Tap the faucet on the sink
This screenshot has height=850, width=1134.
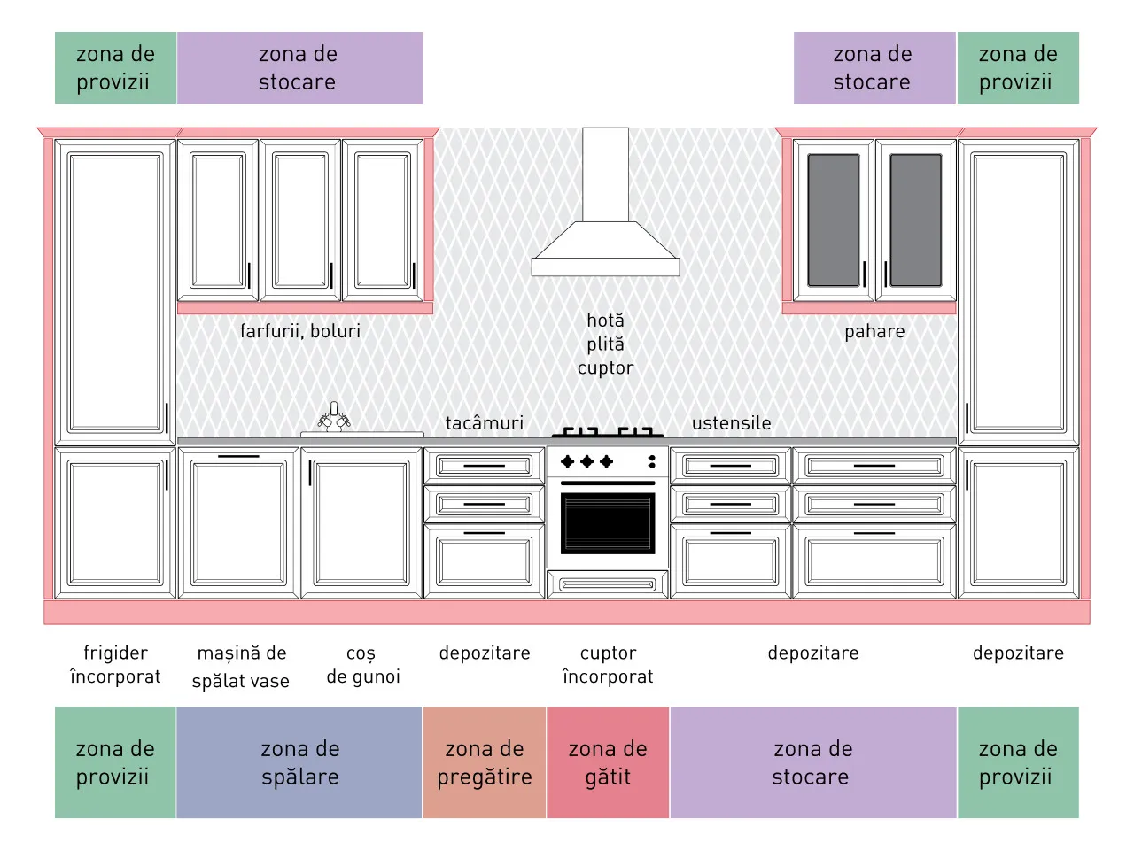click(334, 416)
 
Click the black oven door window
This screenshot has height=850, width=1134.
click(608, 523)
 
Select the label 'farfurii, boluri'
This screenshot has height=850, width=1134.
click(300, 331)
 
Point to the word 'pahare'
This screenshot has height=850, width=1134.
click(874, 332)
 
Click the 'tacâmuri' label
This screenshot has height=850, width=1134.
click(484, 423)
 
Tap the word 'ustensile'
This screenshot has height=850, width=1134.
click(731, 423)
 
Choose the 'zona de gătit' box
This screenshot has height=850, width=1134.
click(608, 762)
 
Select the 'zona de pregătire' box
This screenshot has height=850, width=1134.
click(484, 762)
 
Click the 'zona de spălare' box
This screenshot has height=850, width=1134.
click(299, 762)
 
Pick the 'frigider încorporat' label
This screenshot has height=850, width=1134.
click(115, 665)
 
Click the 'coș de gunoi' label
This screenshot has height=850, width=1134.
click(363, 665)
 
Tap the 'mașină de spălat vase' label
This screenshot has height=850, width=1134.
click(241, 667)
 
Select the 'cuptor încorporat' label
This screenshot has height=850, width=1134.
click(608, 665)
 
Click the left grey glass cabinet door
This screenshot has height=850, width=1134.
click(834, 220)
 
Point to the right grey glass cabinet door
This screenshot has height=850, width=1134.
click(915, 220)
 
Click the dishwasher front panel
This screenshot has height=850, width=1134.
click(238, 522)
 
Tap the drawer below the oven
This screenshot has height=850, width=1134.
click(608, 584)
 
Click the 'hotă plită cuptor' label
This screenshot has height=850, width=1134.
click(605, 344)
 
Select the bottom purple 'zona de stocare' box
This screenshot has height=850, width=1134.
click(813, 762)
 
